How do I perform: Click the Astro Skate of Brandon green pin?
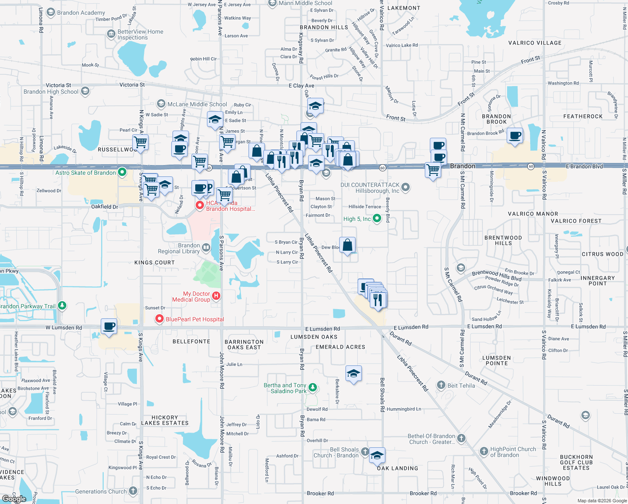(x=122, y=172)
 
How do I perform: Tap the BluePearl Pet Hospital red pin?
(x=160, y=319)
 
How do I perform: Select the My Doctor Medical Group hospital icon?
(x=216, y=296)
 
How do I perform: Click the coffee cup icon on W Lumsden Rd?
(x=109, y=326)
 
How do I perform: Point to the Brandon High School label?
(x=51, y=92)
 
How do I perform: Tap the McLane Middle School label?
(x=197, y=104)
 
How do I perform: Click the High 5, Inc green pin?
(x=377, y=218)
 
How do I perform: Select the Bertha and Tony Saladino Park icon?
(x=312, y=387)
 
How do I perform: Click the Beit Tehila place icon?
(x=441, y=385)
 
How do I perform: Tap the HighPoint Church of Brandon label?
(x=513, y=452)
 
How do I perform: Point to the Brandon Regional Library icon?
(x=206, y=247)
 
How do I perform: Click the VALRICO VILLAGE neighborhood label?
(x=535, y=43)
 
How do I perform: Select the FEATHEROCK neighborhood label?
(x=583, y=116)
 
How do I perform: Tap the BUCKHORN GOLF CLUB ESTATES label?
(x=576, y=462)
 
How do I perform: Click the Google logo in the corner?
(x=14, y=499)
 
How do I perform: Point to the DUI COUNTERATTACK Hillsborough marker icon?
(x=406, y=187)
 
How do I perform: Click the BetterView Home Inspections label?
(x=140, y=34)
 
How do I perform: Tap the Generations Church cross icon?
(x=133, y=491)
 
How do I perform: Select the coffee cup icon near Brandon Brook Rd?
(x=515, y=136)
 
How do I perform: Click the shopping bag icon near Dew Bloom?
(x=348, y=245)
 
